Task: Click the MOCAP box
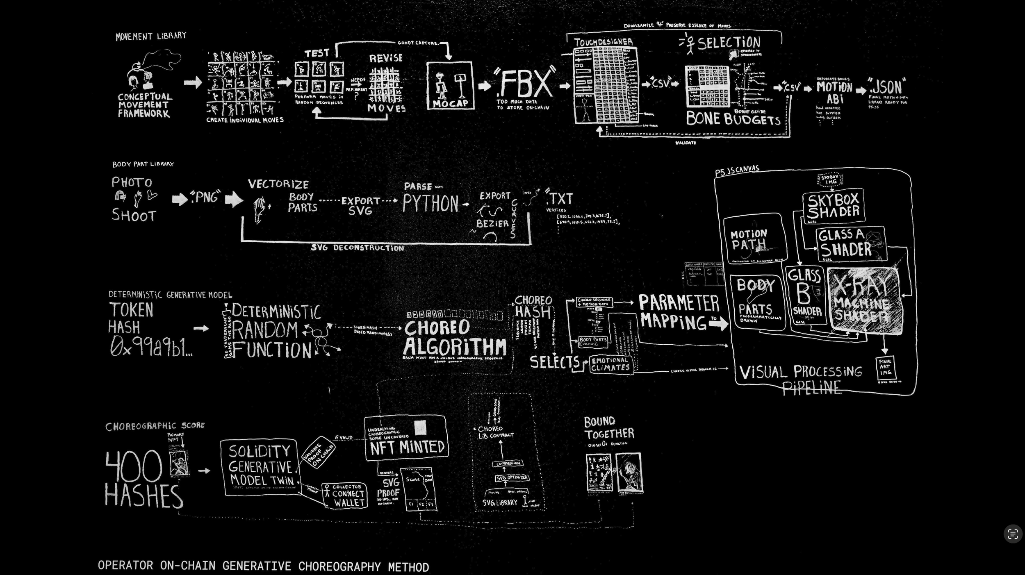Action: click(450, 86)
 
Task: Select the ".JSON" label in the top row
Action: click(886, 87)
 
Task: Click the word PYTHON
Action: click(430, 203)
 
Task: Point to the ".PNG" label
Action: click(206, 197)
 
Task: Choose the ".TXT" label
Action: click(560, 199)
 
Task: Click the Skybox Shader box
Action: click(833, 206)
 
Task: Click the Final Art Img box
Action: click(885, 367)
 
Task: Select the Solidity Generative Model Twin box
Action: click(261, 467)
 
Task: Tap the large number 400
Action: click(134, 466)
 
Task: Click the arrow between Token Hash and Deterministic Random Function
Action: click(201, 328)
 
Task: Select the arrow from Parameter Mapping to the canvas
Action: click(718, 324)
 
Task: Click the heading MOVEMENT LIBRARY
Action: click(151, 36)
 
